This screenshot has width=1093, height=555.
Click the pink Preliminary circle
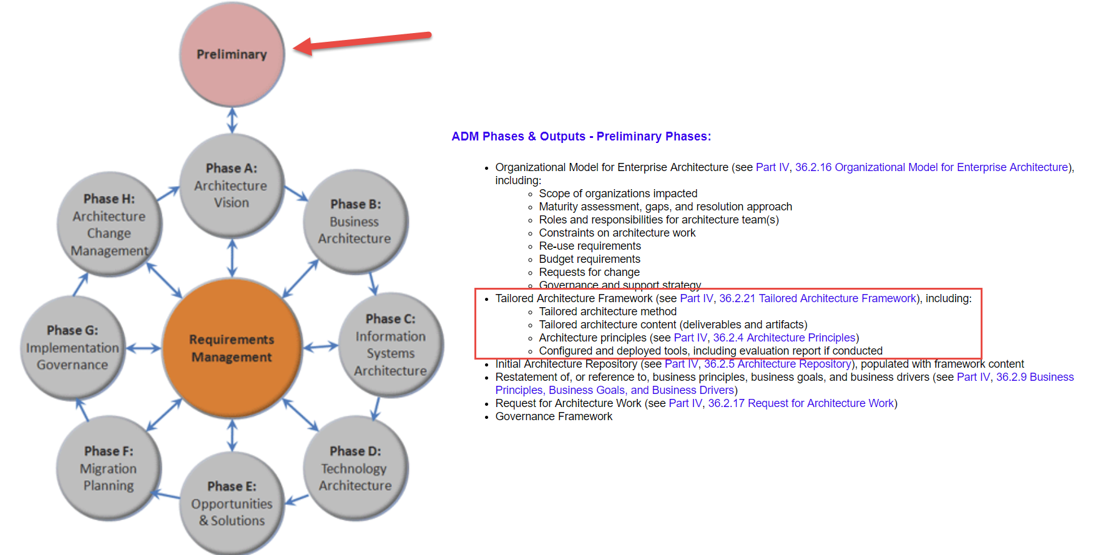(x=232, y=54)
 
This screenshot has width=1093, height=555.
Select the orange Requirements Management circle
(x=232, y=348)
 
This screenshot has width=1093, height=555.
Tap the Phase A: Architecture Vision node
(x=232, y=185)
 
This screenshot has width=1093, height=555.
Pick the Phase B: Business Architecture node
(x=355, y=222)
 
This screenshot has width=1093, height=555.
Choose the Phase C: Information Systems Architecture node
(x=390, y=345)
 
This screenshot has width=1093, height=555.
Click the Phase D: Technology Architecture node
(x=355, y=468)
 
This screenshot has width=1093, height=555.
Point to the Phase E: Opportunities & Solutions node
(x=232, y=503)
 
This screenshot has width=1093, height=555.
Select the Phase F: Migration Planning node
(x=109, y=468)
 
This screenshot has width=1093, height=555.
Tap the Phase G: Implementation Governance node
(x=72, y=347)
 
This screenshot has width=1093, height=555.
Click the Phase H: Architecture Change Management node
(x=109, y=224)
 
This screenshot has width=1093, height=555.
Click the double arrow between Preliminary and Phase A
(x=232, y=120)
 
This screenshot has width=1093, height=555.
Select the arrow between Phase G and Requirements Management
(x=144, y=348)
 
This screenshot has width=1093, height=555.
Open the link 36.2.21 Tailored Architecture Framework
(x=818, y=298)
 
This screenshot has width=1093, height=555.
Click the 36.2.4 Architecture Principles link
(x=784, y=338)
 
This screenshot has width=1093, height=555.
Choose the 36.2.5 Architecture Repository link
(x=777, y=364)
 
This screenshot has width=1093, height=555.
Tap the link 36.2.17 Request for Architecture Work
(x=801, y=403)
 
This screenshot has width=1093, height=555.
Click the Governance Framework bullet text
(x=554, y=416)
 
